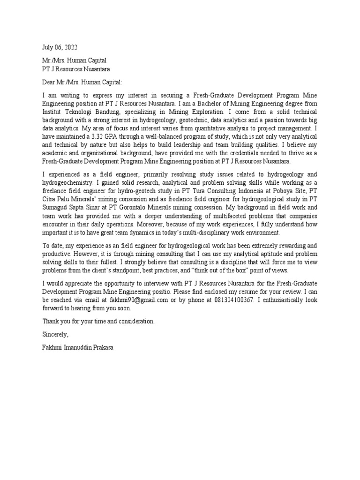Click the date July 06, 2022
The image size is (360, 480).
pyautogui.click(x=60, y=47)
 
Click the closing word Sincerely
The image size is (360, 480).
pyautogui.click(x=55, y=334)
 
